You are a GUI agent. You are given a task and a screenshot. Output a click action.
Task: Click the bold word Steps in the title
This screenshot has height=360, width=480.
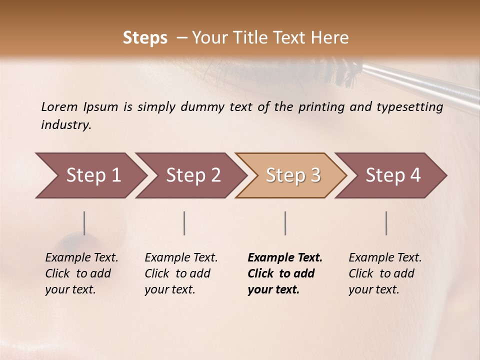point(145,38)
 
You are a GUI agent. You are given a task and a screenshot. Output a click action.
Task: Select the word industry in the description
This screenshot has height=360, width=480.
point(65,125)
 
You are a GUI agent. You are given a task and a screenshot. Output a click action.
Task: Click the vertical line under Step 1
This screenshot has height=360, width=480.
point(84,223)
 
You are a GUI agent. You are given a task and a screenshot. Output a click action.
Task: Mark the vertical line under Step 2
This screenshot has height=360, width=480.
point(184,223)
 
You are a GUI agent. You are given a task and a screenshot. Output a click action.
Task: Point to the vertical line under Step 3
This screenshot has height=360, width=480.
point(285,223)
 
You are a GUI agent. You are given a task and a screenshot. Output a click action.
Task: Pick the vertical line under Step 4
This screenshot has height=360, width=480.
point(386,223)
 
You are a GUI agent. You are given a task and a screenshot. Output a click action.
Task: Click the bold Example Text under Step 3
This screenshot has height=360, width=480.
point(285,258)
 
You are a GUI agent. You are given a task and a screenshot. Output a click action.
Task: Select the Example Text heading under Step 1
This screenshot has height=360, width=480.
point(81,258)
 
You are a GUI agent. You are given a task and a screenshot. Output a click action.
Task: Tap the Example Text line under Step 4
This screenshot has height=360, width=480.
point(385,258)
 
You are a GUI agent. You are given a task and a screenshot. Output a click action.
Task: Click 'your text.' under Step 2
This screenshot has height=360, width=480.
point(169,289)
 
